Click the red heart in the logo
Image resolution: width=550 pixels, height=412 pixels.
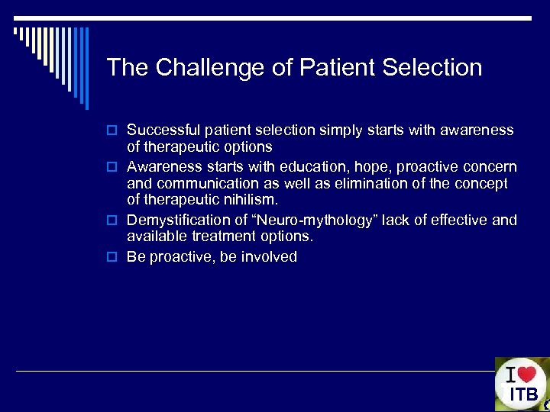point(526,375)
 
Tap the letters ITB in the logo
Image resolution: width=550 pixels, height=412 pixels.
point(524,395)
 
